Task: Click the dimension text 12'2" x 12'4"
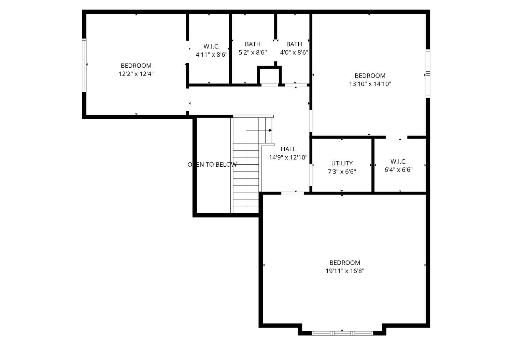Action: tap(136, 74)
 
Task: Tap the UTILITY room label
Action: tap(342, 163)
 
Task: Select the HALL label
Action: tap(288, 149)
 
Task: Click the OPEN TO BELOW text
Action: tap(212, 165)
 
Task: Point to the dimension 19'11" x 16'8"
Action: tap(345, 271)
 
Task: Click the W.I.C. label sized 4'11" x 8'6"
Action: tap(211, 46)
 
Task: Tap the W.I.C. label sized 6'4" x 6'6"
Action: tap(398, 162)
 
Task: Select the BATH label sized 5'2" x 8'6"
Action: tap(253, 44)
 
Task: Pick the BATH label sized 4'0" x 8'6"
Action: tap(294, 44)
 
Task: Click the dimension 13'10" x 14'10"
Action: tap(370, 84)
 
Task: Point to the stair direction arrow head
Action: tap(270, 130)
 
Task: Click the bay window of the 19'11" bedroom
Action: tap(342, 333)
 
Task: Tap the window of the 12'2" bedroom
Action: tap(84, 65)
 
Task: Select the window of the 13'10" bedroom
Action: tap(428, 73)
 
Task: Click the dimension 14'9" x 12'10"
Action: tap(288, 157)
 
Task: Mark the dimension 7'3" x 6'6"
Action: tap(342, 172)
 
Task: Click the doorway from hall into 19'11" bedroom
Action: tap(293, 193)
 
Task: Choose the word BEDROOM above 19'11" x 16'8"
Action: tap(345, 263)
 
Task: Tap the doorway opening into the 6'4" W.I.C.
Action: tap(397, 137)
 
